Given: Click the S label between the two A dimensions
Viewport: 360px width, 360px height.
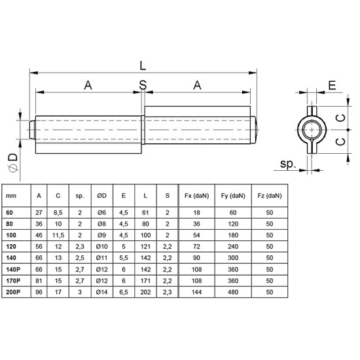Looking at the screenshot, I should (x=143, y=84).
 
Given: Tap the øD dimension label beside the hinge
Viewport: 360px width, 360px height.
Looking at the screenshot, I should (x=12, y=157).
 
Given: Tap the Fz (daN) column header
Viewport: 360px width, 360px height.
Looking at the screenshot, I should (x=270, y=196).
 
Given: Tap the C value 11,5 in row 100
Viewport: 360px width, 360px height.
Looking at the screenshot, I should (x=58, y=234).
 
